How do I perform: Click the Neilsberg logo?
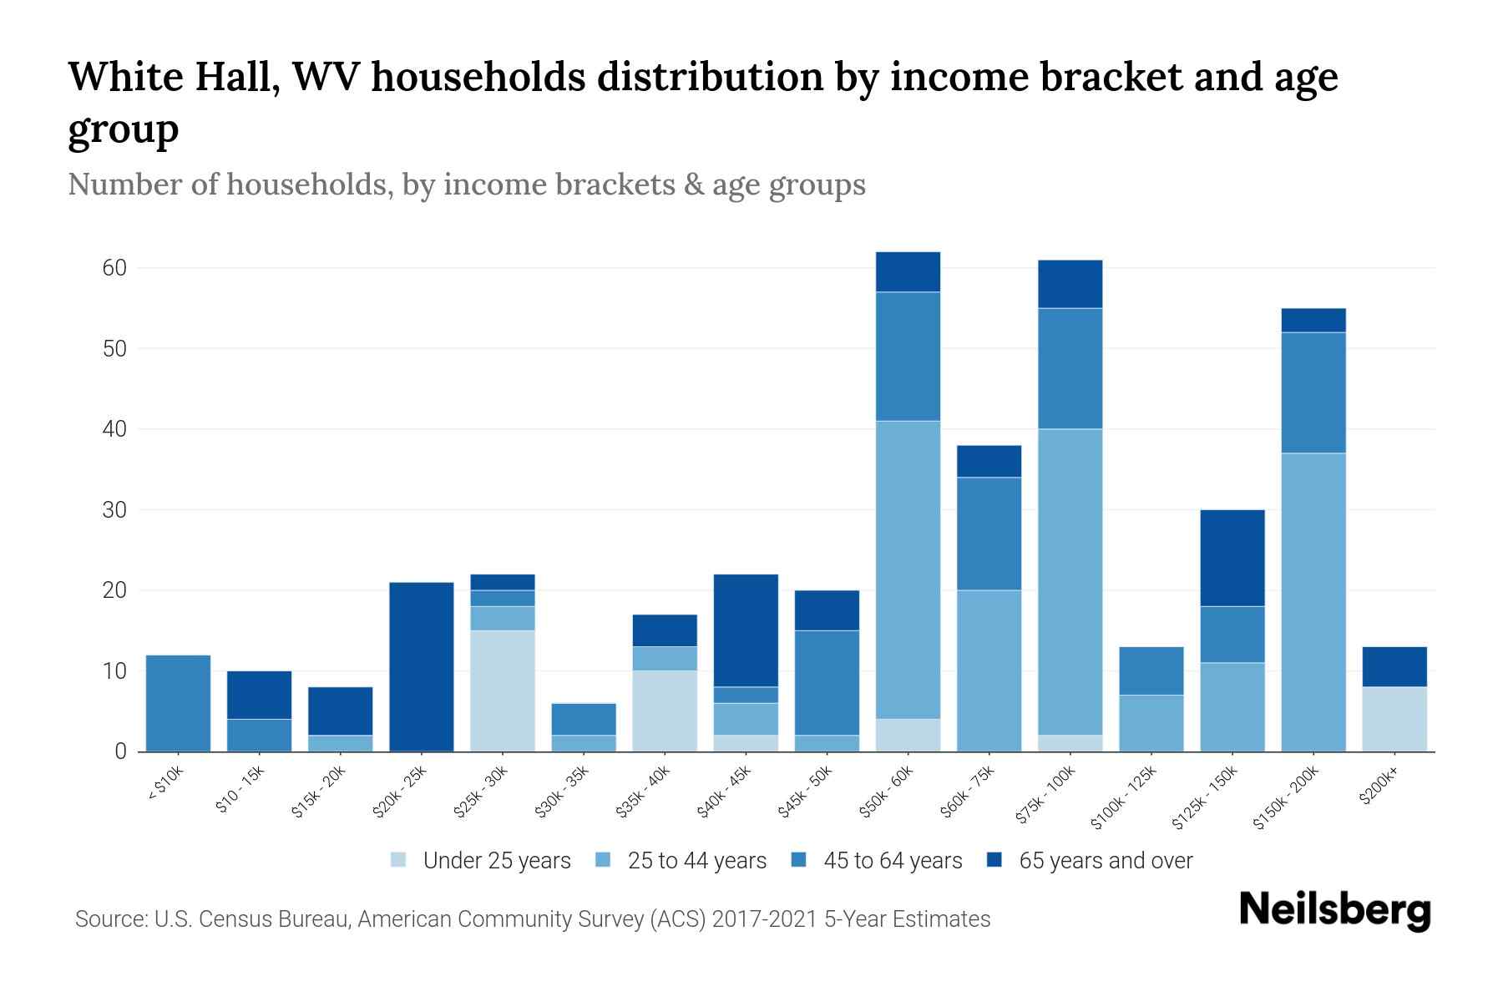pyautogui.click(x=1334, y=910)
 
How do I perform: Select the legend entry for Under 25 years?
pyautogui.click(x=497, y=861)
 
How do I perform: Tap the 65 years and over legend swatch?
pyautogui.click(x=994, y=860)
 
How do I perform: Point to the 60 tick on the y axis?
pyautogui.click(x=114, y=268)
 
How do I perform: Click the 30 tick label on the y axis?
pyautogui.click(x=114, y=510)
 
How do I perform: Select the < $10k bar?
pyautogui.click(x=178, y=703)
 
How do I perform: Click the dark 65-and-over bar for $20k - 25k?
pyautogui.click(x=422, y=666)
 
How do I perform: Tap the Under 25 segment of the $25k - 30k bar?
pyautogui.click(x=503, y=691)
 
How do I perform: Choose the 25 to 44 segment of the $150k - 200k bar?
pyautogui.click(x=1313, y=602)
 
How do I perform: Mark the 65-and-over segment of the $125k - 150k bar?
pyautogui.click(x=1232, y=558)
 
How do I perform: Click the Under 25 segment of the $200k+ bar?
pyautogui.click(x=1394, y=719)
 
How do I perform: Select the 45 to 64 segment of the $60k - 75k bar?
pyautogui.click(x=989, y=534)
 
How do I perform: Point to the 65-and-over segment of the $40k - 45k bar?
pyautogui.click(x=746, y=630)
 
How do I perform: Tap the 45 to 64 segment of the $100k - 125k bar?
pyautogui.click(x=1151, y=671)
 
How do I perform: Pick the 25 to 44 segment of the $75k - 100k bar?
pyautogui.click(x=1070, y=582)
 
